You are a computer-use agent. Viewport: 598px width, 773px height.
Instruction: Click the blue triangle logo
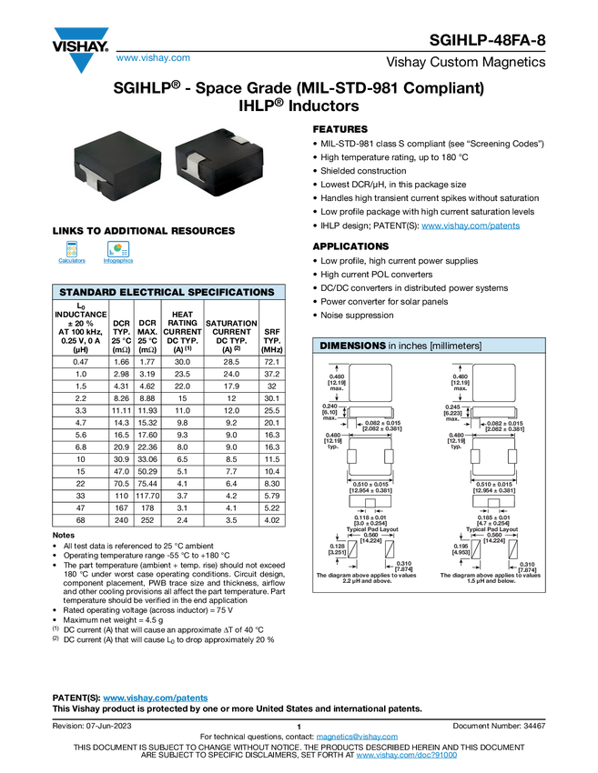click(x=82, y=64)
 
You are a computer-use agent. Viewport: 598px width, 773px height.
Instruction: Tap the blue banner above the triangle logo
click(x=82, y=34)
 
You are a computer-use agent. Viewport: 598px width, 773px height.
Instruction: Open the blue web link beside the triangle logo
click(x=153, y=58)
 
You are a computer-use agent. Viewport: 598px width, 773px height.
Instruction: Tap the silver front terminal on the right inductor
click(x=192, y=173)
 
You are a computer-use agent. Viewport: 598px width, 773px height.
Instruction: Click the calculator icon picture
click(x=72, y=248)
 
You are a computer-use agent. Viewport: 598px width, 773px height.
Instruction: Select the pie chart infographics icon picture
click(x=117, y=248)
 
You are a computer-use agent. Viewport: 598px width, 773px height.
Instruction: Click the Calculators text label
click(x=72, y=261)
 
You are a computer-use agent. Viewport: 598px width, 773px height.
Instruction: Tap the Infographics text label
click(x=117, y=261)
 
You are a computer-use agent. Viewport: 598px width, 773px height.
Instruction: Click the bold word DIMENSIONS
click(x=352, y=346)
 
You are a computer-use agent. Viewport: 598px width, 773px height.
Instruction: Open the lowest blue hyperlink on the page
click(x=406, y=756)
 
